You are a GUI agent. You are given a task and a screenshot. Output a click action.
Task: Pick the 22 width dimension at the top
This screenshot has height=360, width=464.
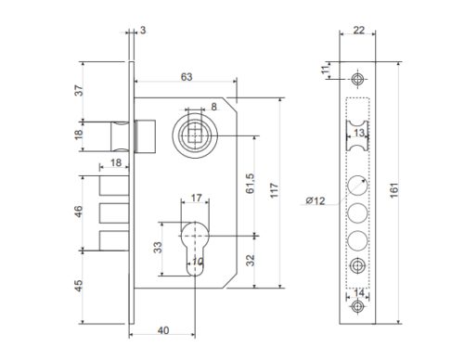pos(359,31)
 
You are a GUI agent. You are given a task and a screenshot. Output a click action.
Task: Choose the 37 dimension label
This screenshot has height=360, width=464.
pos(79,91)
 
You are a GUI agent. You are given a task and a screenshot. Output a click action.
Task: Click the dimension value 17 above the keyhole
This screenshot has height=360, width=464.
pos(195,198)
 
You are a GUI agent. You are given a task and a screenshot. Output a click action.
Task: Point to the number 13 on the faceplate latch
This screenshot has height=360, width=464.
pos(357,133)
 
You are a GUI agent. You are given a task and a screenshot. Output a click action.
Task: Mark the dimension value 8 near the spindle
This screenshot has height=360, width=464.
pos(214,108)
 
